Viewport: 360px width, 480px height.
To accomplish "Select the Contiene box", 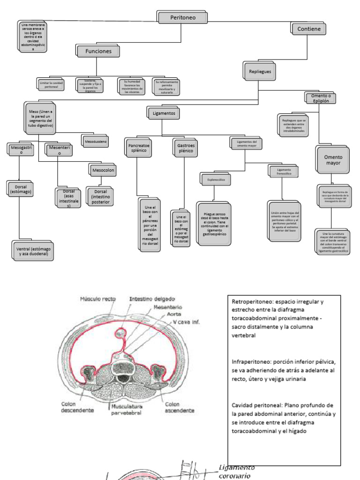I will [x=309, y=29].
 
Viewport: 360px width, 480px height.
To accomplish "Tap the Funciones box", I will [x=97, y=51].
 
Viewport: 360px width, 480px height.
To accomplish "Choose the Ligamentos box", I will [x=163, y=113].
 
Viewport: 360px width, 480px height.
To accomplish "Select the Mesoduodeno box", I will [x=95, y=140].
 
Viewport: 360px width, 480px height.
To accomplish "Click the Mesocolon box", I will [x=102, y=169].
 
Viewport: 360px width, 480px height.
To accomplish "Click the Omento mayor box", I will [x=333, y=160].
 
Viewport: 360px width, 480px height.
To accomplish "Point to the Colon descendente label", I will [x=77, y=407].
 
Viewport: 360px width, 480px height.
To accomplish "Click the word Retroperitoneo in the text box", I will [x=251, y=302].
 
